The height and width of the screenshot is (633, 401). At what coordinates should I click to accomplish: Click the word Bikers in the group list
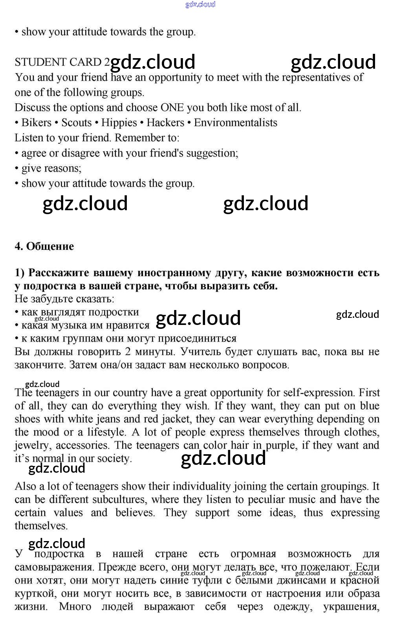coord(36,123)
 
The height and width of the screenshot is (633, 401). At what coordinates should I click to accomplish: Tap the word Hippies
coord(119,123)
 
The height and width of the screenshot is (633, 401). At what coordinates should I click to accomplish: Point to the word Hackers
coord(165,123)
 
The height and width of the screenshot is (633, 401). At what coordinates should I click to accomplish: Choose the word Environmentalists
coord(236,123)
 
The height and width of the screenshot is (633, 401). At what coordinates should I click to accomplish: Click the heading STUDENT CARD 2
coord(62,62)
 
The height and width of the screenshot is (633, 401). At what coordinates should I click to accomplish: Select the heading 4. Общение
coord(44,246)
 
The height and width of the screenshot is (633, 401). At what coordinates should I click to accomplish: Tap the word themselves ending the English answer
coord(41,526)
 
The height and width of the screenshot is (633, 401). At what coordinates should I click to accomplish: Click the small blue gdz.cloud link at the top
coord(200,4)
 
